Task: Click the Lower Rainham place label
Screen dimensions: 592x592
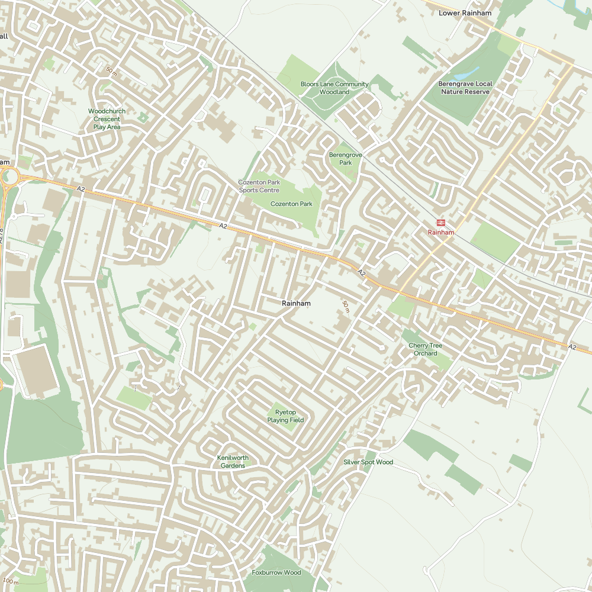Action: tap(465, 12)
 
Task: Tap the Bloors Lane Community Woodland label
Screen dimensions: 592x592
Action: tap(334, 88)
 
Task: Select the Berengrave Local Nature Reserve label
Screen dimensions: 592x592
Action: tap(465, 88)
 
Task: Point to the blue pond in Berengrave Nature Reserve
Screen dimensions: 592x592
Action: tap(468, 72)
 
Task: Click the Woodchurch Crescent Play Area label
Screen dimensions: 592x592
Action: tap(107, 119)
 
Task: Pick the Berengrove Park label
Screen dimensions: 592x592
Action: tap(340, 159)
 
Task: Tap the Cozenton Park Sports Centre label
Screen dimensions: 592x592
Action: tap(259, 186)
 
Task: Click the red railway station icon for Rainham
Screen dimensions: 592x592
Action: tap(441, 223)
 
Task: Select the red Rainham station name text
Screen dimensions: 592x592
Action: tap(441, 233)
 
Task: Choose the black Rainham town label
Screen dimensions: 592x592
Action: tap(296, 303)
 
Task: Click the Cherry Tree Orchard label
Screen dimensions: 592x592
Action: tap(425, 349)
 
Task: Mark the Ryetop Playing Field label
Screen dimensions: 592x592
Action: tap(285, 416)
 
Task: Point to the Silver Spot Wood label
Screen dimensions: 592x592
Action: tap(368, 462)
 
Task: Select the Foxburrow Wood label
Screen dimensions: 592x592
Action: tap(276, 572)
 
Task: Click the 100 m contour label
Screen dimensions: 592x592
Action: tap(11, 581)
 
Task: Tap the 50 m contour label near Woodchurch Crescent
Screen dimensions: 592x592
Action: tap(111, 71)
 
